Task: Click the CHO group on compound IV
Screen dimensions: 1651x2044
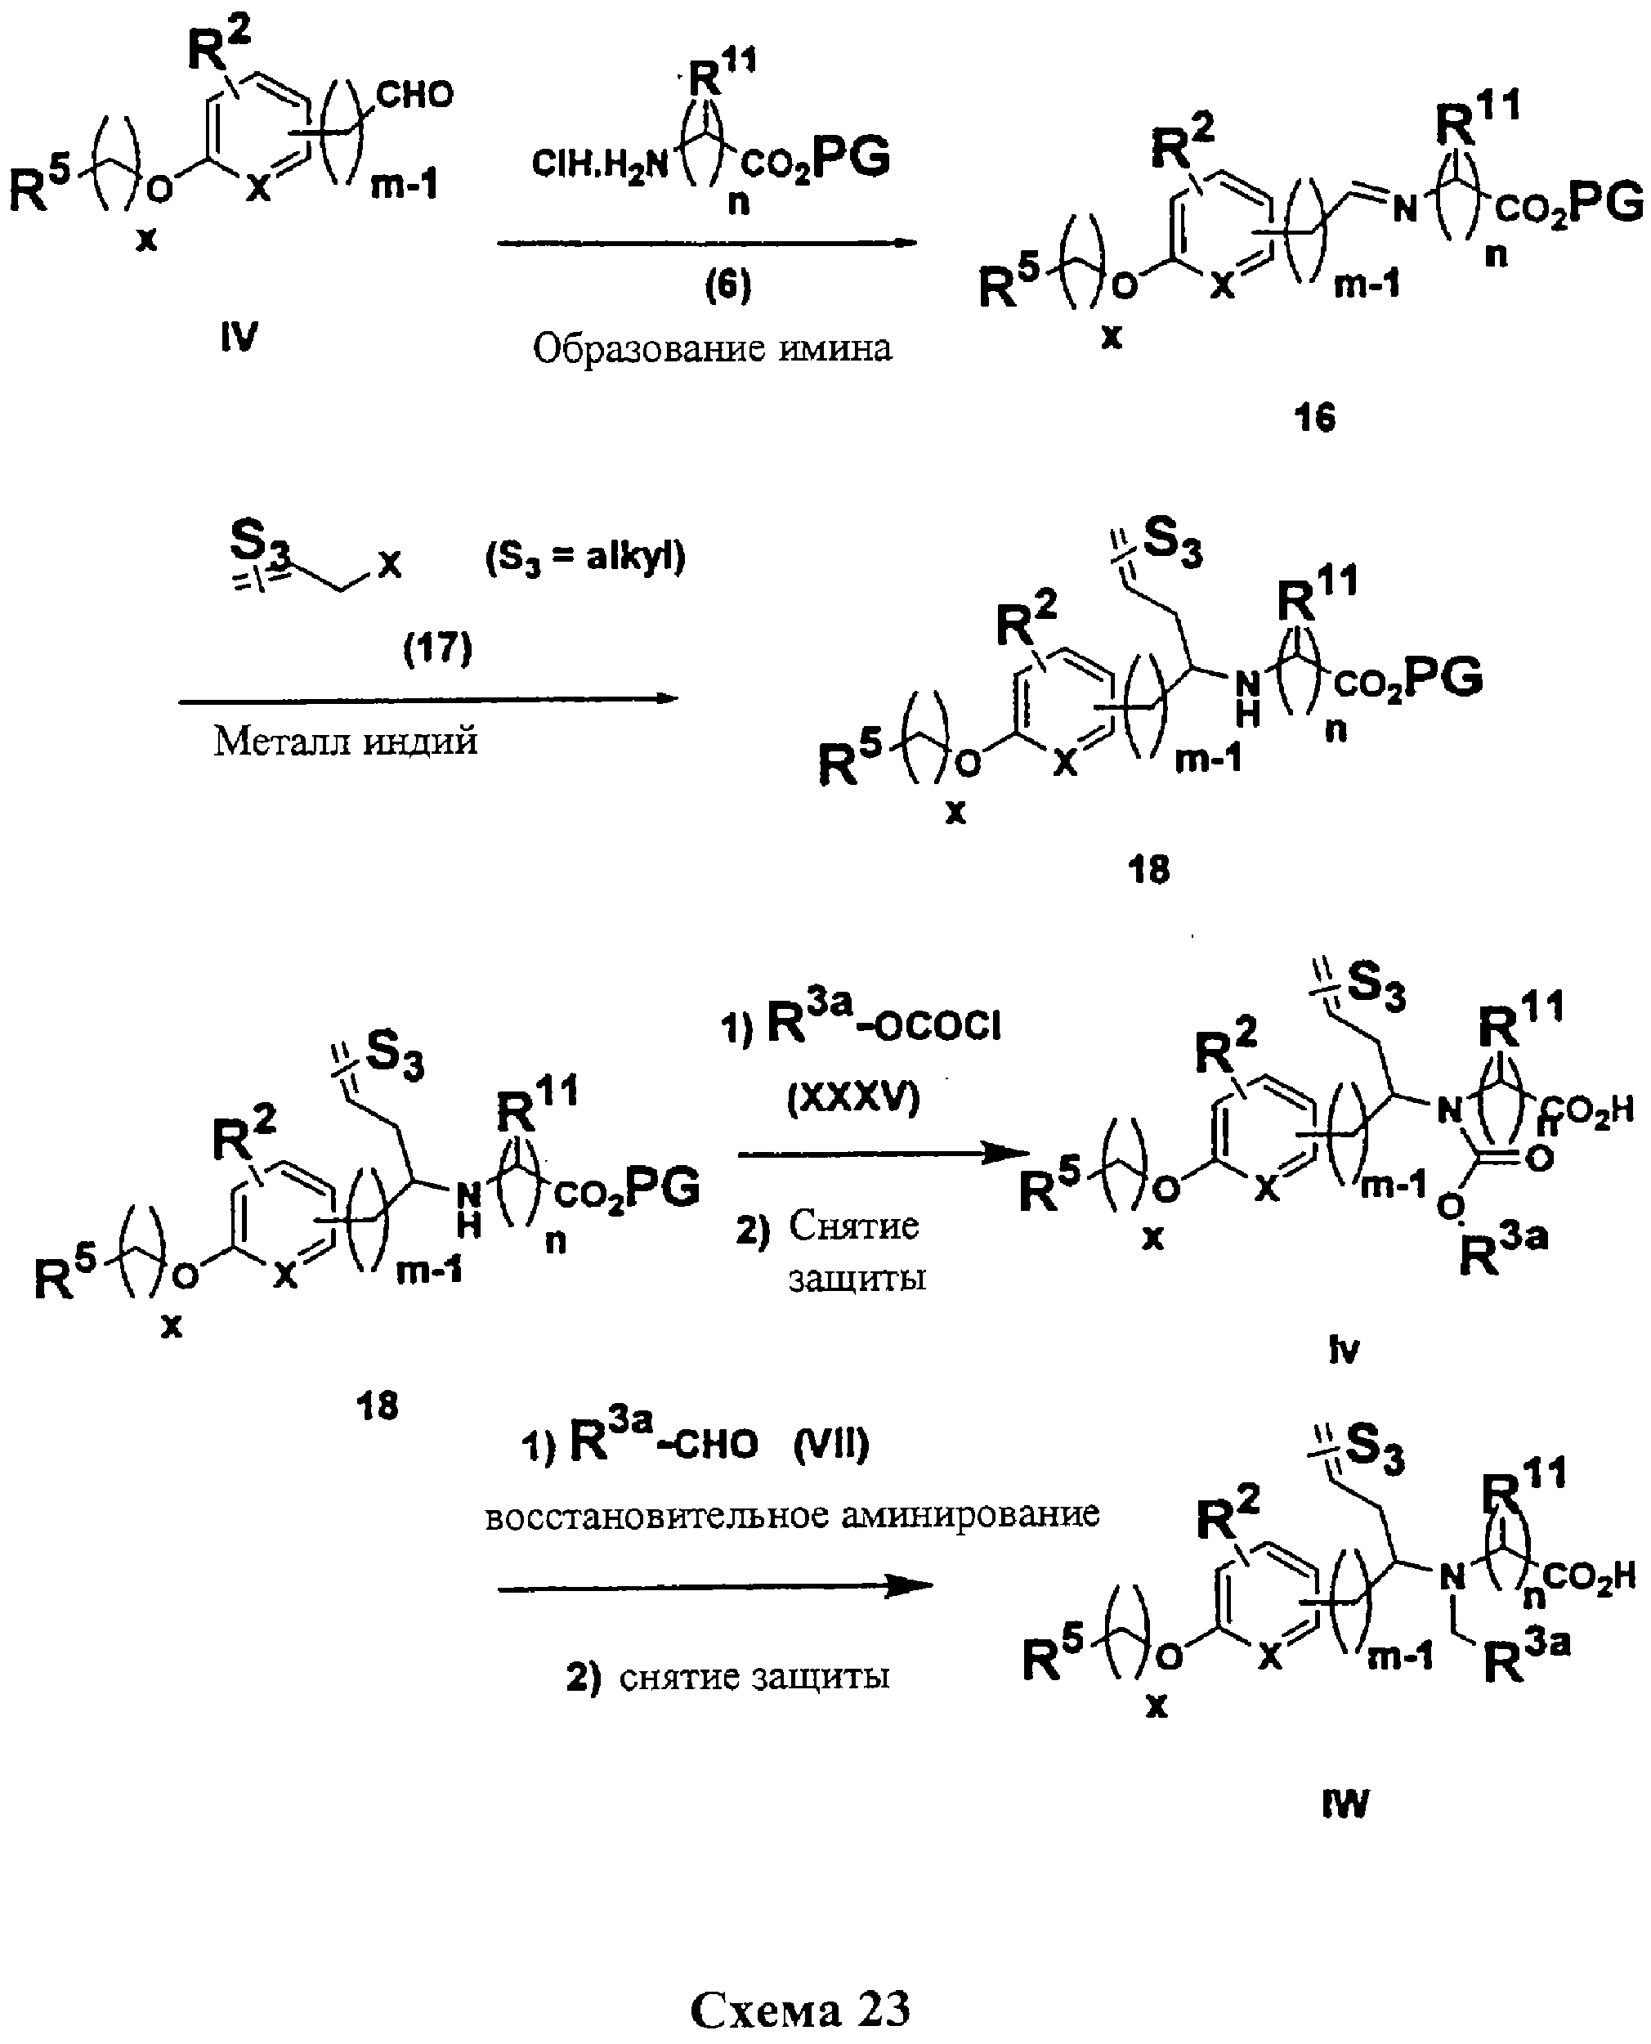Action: click(x=414, y=95)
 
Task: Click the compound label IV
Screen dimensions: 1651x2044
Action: click(x=239, y=337)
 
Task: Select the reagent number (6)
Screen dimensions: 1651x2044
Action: click(x=727, y=285)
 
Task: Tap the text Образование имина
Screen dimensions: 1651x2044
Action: click(x=713, y=349)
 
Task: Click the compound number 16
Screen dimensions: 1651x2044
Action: click(x=1315, y=418)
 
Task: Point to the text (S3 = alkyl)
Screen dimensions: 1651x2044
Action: click(x=586, y=558)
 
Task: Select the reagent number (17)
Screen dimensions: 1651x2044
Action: click(x=437, y=650)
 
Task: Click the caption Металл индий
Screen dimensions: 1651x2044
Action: click(x=345, y=741)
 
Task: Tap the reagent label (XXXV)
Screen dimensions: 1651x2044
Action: click(x=854, y=1099)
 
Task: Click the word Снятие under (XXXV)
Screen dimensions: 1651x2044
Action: click(x=853, y=1227)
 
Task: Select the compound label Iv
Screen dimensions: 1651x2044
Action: click(x=1344, y=1350)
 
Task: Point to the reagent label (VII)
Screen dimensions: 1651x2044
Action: click(x=831, y=1446)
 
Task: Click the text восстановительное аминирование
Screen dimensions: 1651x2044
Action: click(x=792, y=1514)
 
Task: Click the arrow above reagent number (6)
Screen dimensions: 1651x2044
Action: click(x=707, y=244)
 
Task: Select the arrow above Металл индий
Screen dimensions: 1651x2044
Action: click(x=428, y=700)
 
